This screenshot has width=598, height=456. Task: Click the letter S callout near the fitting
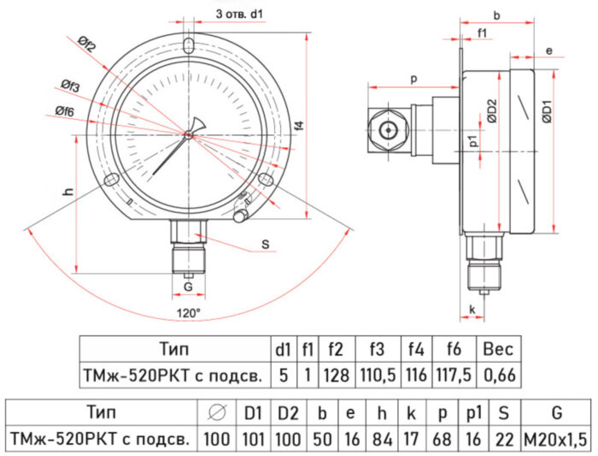click(x=266, y=245)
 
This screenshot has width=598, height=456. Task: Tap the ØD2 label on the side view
click(x=492, y=111)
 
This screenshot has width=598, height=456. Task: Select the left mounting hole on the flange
click(x=110, y=180)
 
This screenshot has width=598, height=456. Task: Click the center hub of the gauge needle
click(x=189, y=133)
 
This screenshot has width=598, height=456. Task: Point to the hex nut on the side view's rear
click(x=390, y=131)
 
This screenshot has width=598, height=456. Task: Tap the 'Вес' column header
click(x=498, y=349)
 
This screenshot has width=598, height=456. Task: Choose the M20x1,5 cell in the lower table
click(x=556, y=439)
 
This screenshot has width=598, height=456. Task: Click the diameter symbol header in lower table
click(x=217, y=414)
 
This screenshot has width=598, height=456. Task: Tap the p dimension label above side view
click(x=413, y=79)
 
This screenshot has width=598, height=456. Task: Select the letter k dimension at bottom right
click(x=472, y=308)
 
